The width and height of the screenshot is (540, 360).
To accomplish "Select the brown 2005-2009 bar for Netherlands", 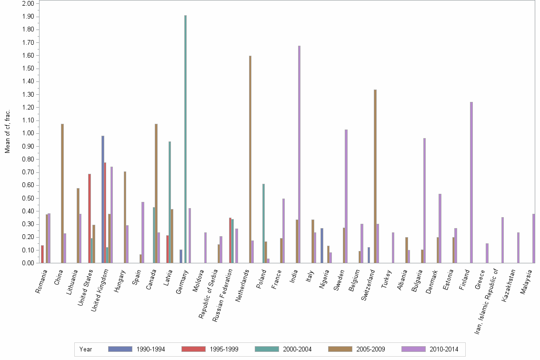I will pyautogui.click(x=250, y=159).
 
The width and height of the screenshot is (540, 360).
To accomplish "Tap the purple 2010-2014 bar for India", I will pyautogui.click(x=300, y=154).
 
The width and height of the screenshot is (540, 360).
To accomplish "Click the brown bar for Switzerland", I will pyautogui.click(x=375, y=176).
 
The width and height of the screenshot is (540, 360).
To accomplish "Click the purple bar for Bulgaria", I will pyautogui.click(x=424, y=200).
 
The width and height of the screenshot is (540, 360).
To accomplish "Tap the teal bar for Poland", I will pyautogui.click(x=263, y=223).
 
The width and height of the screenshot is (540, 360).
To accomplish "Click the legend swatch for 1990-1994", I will pyautogui.click(x=120, y=349).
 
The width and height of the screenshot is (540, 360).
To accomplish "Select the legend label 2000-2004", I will pyautogui.click(x=298, y=349).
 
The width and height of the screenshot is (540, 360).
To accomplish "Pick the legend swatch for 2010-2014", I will pyautogui.click(x=414, y=349).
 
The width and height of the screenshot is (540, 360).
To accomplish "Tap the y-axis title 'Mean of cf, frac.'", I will pyautogui.click(x=8, y=131).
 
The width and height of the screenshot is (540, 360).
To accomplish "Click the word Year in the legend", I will pyautogui.click(x=86, y=349).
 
